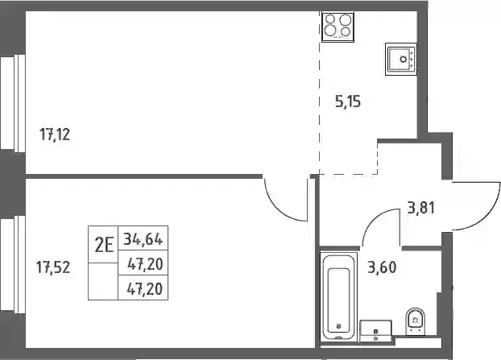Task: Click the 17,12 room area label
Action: (55, 134)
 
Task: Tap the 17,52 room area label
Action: (53, 267)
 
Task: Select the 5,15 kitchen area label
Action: (348, 101)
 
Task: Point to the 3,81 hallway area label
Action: (421, 208)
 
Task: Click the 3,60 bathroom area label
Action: (382, 267)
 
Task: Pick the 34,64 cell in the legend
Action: (143, 238)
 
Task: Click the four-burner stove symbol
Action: (337, 27)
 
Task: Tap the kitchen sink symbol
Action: (401, 59)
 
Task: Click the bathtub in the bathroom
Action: (338, 296)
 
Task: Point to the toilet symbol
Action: (415, 321)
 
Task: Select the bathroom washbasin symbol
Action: (375, 330)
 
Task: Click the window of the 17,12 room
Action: (13, 103)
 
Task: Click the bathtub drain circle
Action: (338, 326)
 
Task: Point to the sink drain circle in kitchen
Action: (404, 59)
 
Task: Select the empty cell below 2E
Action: (103, 281)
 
